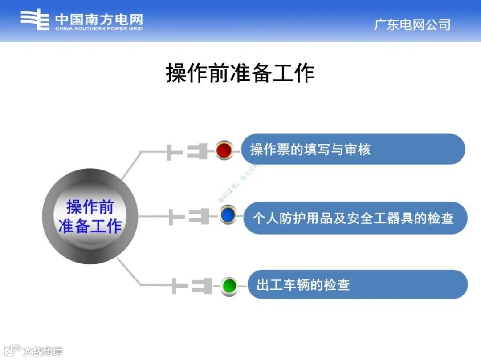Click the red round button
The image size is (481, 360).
224,150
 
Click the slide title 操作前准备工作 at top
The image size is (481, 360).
240,73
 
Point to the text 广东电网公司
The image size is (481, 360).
412,24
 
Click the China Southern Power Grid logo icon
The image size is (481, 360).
35,20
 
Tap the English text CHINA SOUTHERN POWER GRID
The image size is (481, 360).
99,29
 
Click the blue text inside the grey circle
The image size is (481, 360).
90,216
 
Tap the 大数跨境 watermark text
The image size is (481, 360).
43,351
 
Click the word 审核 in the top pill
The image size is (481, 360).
358,150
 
